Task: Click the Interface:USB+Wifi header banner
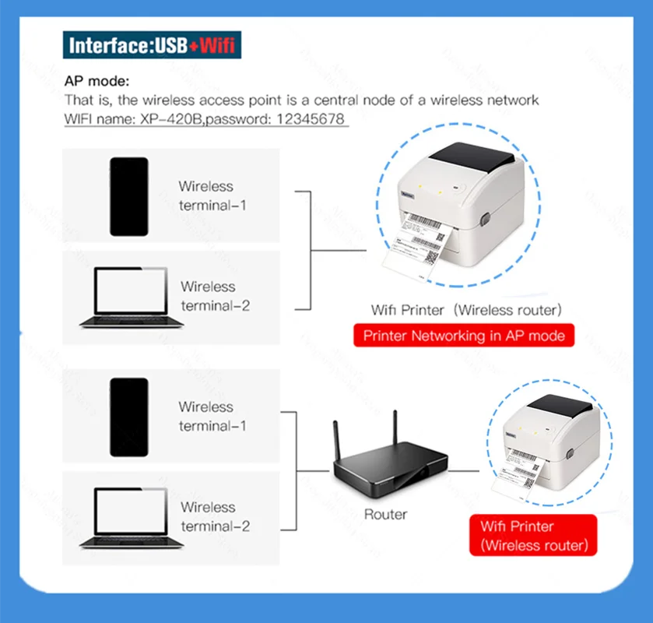click(x=152, y=44)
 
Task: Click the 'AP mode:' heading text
click(x=97, y=81)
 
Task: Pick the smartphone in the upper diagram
click(x=128, y=196)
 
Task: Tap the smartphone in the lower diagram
click(x=128, y=417)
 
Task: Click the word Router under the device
click(x=385, y=514)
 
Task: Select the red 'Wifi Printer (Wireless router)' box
click(x=532, y=536)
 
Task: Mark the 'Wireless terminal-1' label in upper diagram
click(x=205, y=195)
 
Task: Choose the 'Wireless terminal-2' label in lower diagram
click(x=215, y=516)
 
